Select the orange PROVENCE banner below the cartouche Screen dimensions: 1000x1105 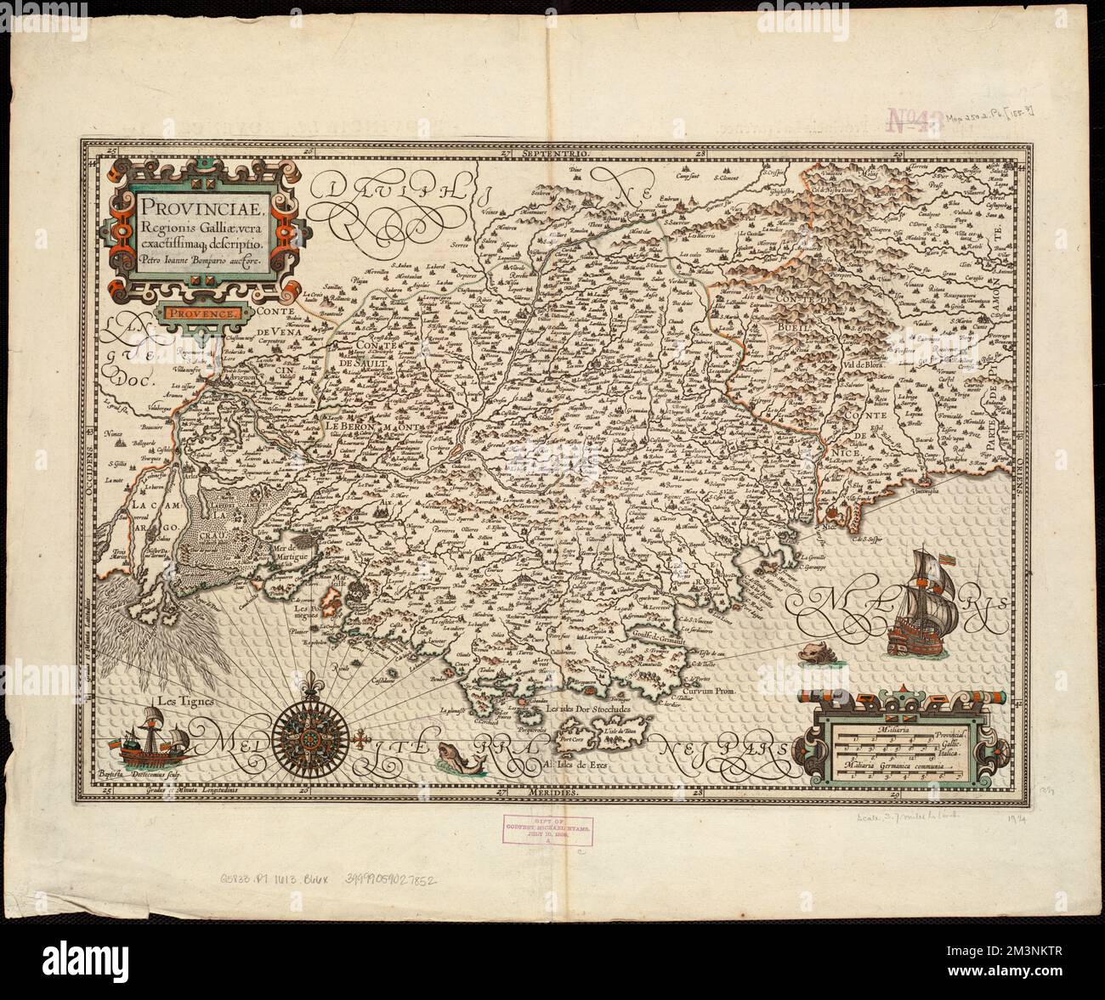(x=205, y=313)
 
